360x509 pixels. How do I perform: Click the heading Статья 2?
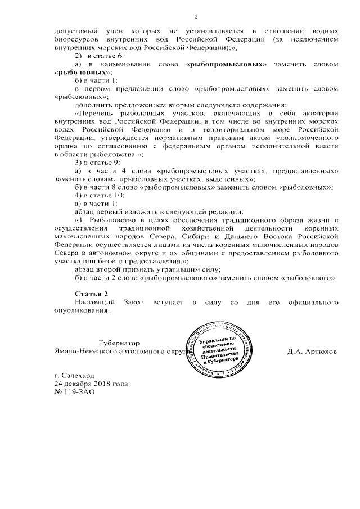[91, 294]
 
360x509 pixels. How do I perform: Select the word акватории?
[317, 113]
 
